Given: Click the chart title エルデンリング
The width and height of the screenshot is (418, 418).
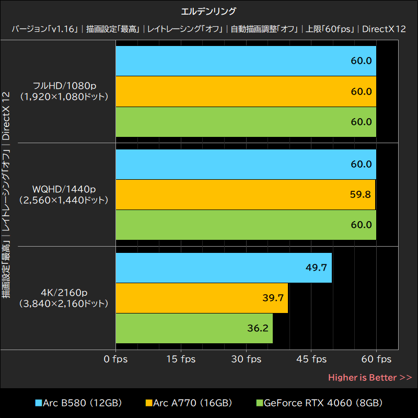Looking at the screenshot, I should point(209,10).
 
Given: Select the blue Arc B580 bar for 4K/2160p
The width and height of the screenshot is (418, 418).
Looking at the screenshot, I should point(224,268).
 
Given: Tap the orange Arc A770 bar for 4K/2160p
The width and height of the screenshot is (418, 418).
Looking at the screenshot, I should point(202,298).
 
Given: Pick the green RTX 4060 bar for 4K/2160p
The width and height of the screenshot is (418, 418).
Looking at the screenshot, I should point(194,328).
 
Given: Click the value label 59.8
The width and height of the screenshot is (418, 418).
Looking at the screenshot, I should point(361,194).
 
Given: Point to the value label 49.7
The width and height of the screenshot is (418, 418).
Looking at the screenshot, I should point(316,268).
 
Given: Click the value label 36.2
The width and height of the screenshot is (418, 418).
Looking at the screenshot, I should point(257,328).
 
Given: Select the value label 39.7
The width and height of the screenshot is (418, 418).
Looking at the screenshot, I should point(273,298).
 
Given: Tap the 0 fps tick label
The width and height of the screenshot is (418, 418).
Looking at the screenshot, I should point(115,359).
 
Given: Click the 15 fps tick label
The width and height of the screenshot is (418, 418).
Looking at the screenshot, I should point(181,359).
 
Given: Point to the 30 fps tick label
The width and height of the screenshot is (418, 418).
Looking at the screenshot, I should point(246,359).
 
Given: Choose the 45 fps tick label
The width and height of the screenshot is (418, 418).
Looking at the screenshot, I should point(311,359).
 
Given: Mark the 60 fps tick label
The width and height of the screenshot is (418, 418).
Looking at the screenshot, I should point(376,359).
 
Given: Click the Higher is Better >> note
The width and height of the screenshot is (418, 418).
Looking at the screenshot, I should point(370,377).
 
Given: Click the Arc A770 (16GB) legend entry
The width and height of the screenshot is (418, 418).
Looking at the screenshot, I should point(189,403).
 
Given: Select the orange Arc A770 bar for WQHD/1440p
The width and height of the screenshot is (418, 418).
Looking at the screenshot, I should point(246,194).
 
